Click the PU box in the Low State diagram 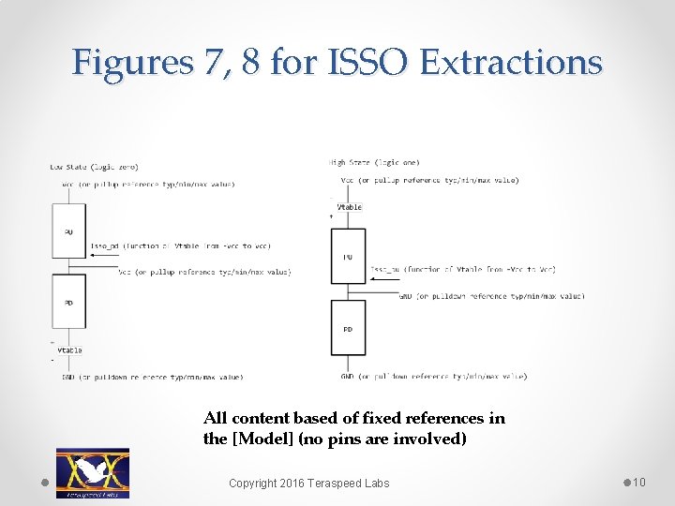coord(68,231)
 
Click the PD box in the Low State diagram coord(68,302)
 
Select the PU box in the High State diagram coord(348,256)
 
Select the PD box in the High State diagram coord(348,329)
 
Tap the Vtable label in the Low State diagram coord(70,350)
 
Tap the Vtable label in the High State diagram coord(350,207)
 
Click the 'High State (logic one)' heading coord(375,162)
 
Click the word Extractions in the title coord(511,62)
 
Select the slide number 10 coord(638,482)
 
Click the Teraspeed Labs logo coord(93,472)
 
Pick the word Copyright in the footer coord(257,483)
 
